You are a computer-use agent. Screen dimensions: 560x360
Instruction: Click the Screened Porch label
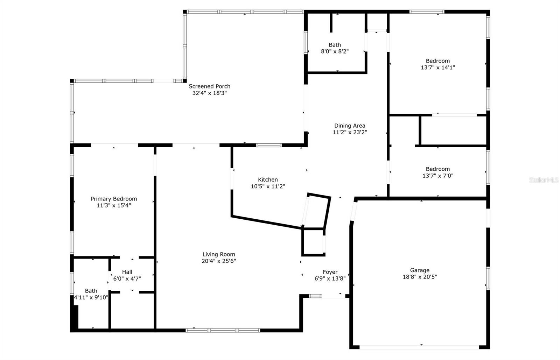tap(210, 86)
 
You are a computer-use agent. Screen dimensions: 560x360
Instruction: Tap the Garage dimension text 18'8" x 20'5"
tap(420, 277)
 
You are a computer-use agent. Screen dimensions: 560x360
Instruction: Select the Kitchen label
tap(268, 179)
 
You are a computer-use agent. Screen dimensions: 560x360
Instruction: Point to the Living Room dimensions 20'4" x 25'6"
tap(219, 261)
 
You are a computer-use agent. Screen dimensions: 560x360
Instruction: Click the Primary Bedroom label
tap(114, 199)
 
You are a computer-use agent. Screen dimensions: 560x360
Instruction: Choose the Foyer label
tap(330, 272)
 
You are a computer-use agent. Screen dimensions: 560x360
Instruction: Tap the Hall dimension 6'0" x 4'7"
tap(127, 278)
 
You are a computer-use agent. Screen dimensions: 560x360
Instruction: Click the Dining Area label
tap(350, 126)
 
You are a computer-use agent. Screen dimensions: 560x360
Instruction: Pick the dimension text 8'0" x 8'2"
tap(335, 51)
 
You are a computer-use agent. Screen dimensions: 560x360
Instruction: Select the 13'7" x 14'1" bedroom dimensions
tap(438, 68)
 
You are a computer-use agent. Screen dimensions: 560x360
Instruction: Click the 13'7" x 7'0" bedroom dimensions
tap(438, 176)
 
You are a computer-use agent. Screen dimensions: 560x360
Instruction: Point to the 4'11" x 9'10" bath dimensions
tap(91, 297)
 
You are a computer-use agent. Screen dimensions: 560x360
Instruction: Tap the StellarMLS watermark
tap(544, 180)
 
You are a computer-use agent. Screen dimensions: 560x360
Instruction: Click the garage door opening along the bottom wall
tap(419, 347)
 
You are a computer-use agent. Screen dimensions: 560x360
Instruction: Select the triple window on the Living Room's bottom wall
tap(223, 330)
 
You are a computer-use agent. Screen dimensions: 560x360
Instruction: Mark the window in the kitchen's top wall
tap(269, 145)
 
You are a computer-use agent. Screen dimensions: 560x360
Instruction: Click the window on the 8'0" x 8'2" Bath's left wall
tap(306, 42)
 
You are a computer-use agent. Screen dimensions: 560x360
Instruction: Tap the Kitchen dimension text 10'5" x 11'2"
tap(268, 186)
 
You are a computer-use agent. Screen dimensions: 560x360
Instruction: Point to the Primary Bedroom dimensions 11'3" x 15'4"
tap(114, 206)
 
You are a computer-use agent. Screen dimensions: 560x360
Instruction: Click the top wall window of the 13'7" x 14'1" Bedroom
tap(427, 12)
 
